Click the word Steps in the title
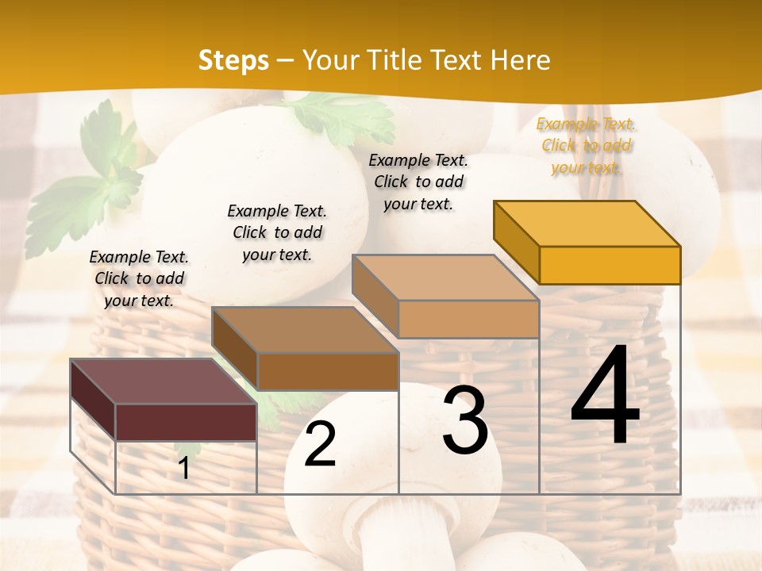tap(233, 60)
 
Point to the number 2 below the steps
tap(320, 445)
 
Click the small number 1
tap(184, 469)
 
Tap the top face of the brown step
tap(305, 330)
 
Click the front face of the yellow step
tap(610, 265)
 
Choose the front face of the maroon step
tap(186, 422)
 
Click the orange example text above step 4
tap(586, 145)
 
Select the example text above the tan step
tap(418, 182)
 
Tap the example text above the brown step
tap(277, 232)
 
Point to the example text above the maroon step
tap(139, 278)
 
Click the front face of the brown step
tap(327, 371)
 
